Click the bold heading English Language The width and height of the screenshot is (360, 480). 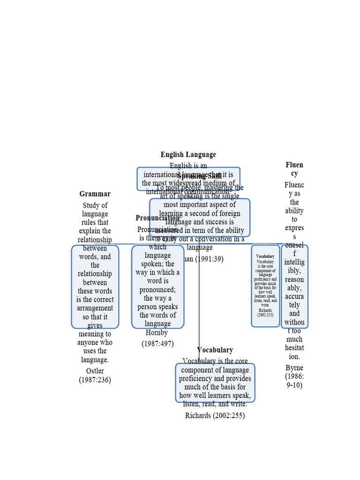[x=188, y=155]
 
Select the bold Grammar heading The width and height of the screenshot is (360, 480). [x=95, y=194]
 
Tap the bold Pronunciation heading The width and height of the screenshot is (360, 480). [x=157, y=218]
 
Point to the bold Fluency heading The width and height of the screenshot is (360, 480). [x=294, y=169]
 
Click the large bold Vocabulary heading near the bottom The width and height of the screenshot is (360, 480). [x=215, y=350]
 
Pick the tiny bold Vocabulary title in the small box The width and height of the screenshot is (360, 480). [x=265, y=256]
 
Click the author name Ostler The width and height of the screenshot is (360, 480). [x=95, y=371]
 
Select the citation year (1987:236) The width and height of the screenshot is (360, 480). [x=95, y=380]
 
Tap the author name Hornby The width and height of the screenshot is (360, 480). [x=157, y=333]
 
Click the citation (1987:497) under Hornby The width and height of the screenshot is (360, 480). [x=157, y=344]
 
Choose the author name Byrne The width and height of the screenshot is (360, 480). [x=294, y=367]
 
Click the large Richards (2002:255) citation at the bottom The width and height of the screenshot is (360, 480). [x=215, y=415]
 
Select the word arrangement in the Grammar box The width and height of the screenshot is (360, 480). [x=95, y=308]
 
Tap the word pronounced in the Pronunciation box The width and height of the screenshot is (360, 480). [x=157, y=290]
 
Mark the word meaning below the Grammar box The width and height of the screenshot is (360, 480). [x=95, y=334]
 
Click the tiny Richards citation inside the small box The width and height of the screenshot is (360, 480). [x=265, y=310]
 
